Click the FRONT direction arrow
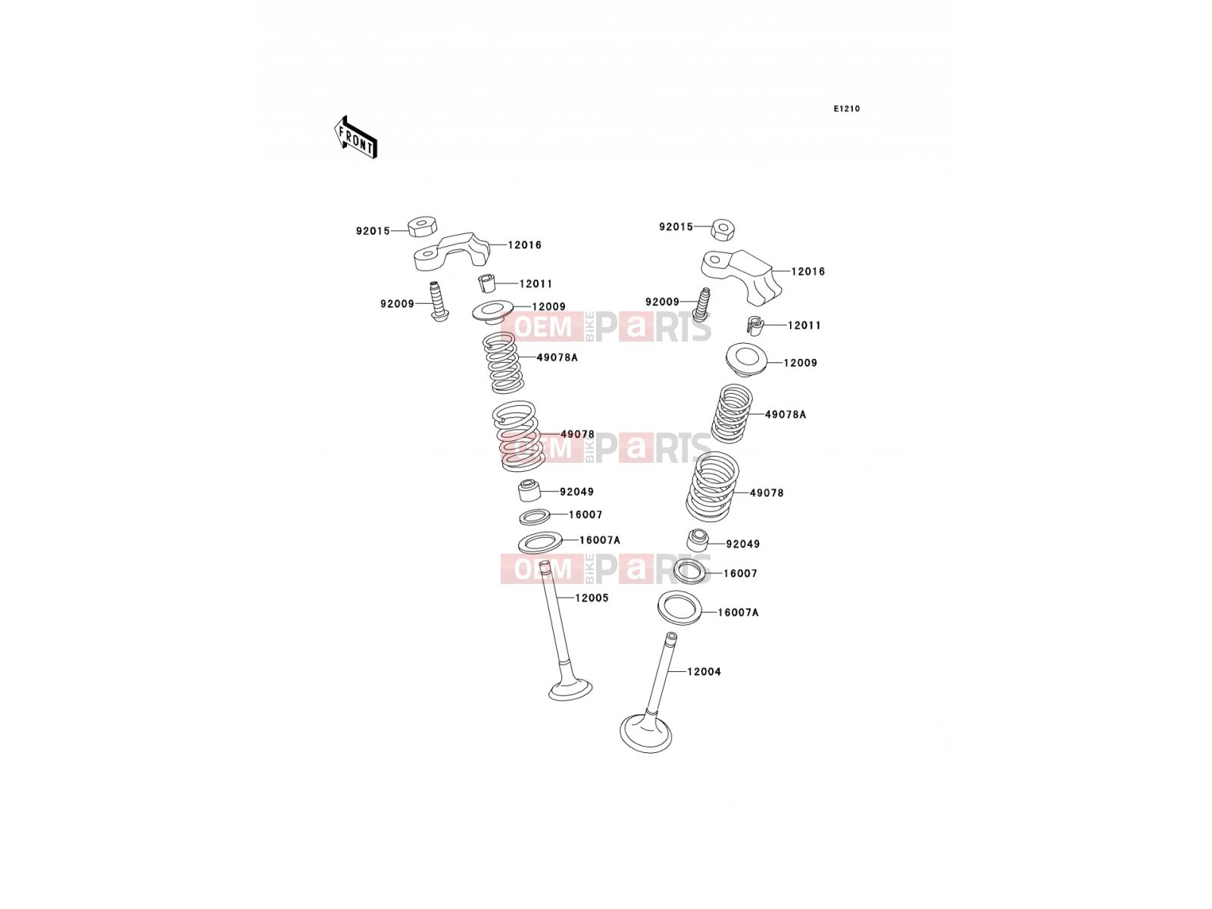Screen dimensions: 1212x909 (x=355, y=137)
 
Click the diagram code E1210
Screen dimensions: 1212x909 (x=846, y=109)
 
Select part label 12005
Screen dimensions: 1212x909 (x=592, y=598)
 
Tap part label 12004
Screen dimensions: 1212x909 (x=704, y=672)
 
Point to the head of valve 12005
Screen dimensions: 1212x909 (x=570, y=689)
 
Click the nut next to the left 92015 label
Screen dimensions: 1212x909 (x=423, y=226)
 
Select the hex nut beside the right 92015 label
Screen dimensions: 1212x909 (x=722, y=229)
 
